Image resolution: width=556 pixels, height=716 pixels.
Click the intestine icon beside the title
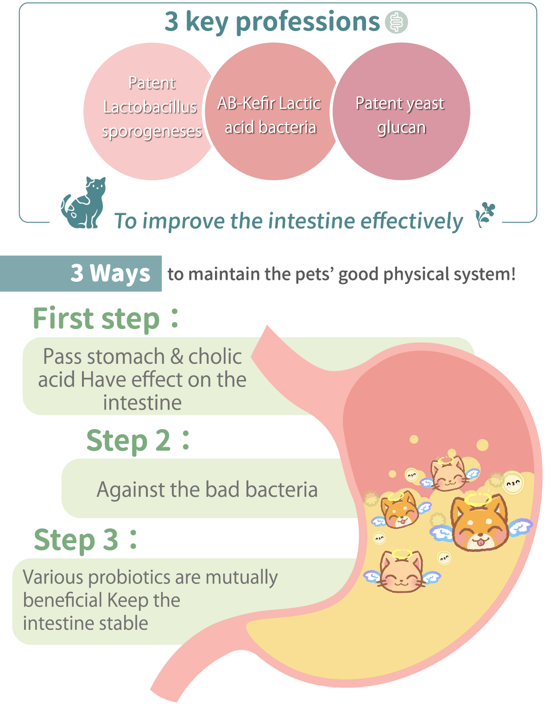click(x=396, y=22)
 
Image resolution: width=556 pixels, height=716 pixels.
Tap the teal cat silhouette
click(x=84, y=203)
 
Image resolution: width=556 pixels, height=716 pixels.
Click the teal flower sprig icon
click(x=485, y=214)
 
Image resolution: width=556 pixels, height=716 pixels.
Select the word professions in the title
click(x=308, y=22)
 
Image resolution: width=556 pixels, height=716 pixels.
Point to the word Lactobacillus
click(x=150, y=107)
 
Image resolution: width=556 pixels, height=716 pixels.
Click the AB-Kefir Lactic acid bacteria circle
click(x=271, y=111)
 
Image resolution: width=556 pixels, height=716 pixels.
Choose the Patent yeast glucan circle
click(x=401, y=111)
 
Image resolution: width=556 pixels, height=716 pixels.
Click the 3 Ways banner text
click(x=110, y=273)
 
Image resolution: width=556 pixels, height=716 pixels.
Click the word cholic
click(x=215, y=356)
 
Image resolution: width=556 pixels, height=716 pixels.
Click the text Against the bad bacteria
click(x=207, y=490)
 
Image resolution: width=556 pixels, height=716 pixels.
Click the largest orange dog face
click(x=479, y=523)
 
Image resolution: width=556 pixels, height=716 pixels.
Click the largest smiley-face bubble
click(x=513, y=483)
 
